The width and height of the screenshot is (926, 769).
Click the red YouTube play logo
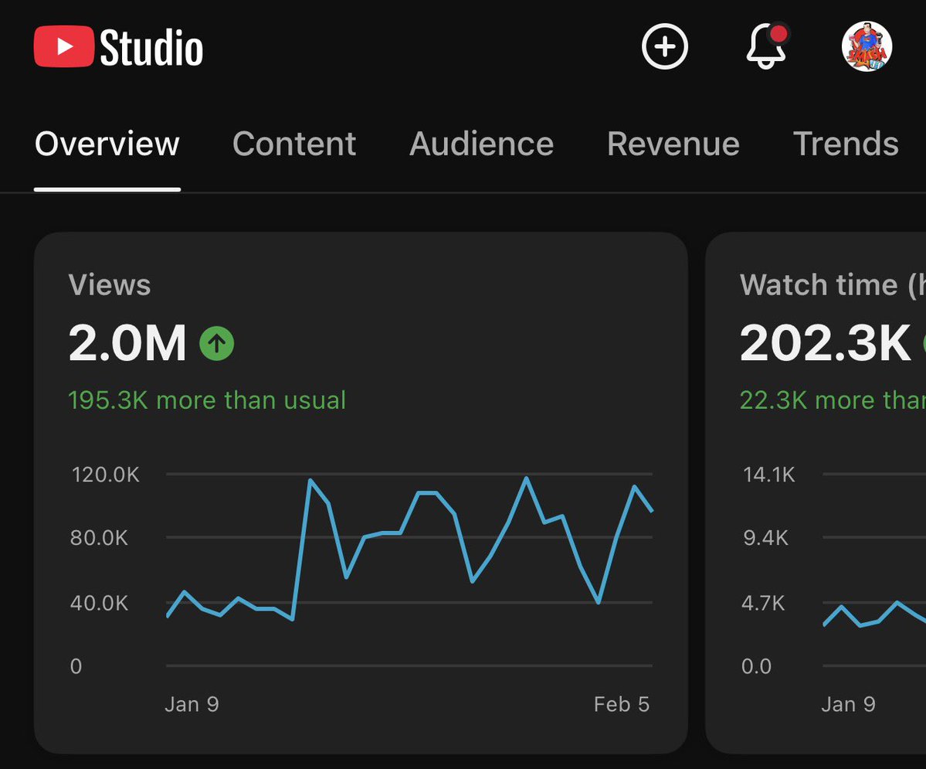click(64, 47)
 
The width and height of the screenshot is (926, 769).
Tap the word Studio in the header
click(151, 48)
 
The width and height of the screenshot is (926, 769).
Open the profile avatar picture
click(867, 46)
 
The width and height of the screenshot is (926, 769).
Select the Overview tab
click(107, 145)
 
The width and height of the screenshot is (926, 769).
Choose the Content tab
click(294, 145)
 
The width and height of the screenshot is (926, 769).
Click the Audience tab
click(481, 145)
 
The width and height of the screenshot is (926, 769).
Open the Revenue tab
click(673, 145)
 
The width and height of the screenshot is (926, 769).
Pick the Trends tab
click(846, 145)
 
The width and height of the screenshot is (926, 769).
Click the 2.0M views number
click(127, 343)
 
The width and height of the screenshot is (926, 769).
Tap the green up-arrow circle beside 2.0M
click(217, 343)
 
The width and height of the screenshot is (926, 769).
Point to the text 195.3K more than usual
click(207, 400)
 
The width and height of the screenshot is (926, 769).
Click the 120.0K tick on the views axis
click(106, 475)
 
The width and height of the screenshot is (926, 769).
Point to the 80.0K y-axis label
click(100, 538)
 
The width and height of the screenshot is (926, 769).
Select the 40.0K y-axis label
click(100, 603)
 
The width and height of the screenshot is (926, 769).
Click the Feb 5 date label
click(622, 704)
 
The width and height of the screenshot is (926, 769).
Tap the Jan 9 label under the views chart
click(192, 704)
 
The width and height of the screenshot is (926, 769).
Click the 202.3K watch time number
click(826, 343)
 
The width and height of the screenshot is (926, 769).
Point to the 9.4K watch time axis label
click(766, 538)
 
